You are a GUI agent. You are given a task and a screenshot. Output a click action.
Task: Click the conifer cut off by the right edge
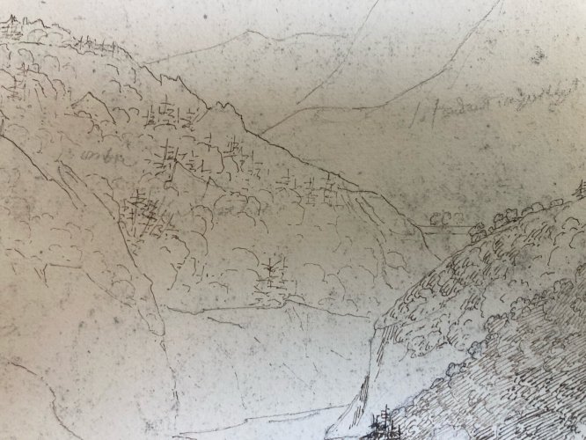(x=581, y=189)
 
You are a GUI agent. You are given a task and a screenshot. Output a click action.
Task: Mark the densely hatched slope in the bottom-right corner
(x=528, y=387)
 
